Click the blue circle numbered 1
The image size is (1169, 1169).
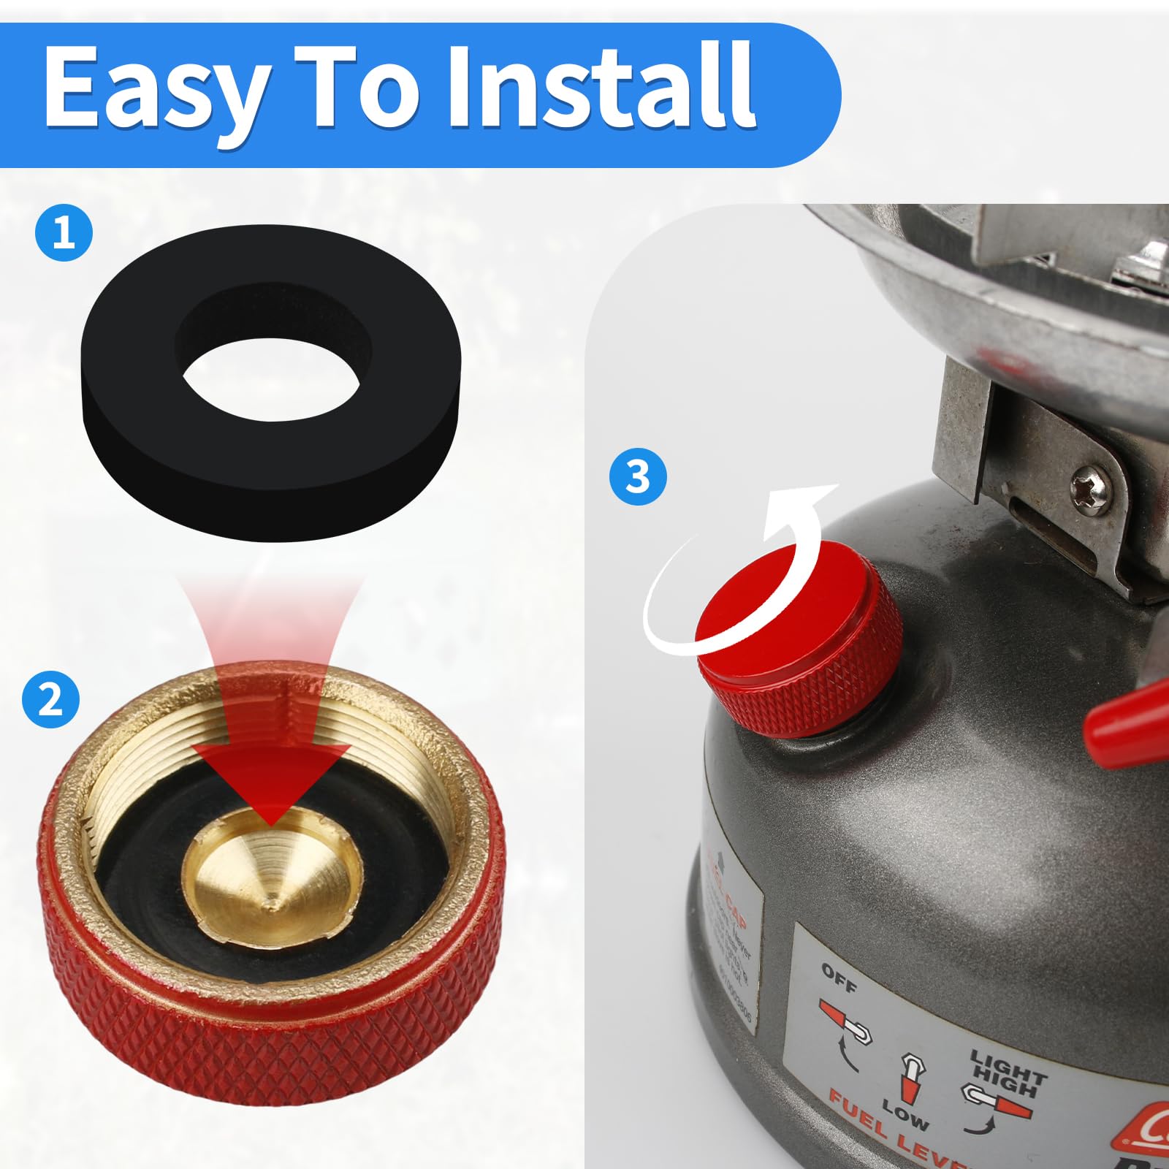pyautogui.click(x=64, y=234)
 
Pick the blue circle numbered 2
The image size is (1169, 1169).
pyautogui.click(x=50, y=699)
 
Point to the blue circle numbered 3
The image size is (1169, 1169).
pyautogui.click(x=639, y=477)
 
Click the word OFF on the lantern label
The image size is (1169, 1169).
pyautogui.click(x=838, y=977)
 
